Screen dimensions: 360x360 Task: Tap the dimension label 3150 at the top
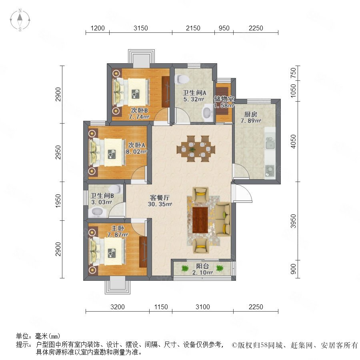pos(141,28)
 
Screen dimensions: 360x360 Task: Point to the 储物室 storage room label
pos(224,99)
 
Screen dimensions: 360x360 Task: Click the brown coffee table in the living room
pos(200,219)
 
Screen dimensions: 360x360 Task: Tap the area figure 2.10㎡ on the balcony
pos(202,273)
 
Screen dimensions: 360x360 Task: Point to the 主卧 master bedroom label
pos(118,228)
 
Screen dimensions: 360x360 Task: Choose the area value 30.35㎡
pos(161,204)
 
